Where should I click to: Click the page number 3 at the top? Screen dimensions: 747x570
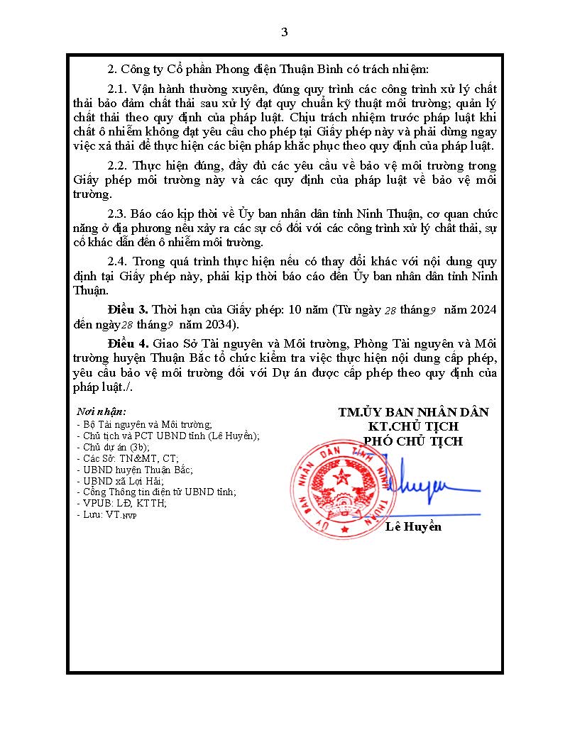[285, 32]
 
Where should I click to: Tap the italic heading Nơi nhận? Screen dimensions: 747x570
[102, 411]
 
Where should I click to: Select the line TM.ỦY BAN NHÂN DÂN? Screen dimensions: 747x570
[413, 412]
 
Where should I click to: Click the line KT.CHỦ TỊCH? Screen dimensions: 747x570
[413, 426]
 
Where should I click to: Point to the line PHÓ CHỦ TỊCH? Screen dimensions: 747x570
[413, 441]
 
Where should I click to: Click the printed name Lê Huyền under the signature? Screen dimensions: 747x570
[413, 526]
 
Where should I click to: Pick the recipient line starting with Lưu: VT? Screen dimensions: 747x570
[106, 515]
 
